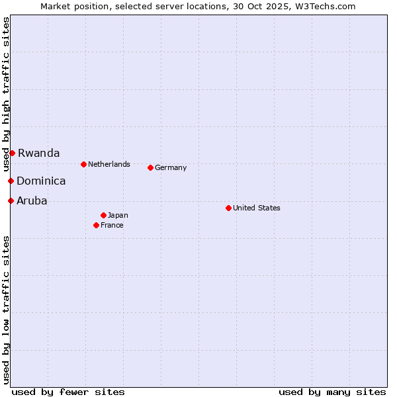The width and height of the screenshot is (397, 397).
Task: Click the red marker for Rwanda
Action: pos(12,153)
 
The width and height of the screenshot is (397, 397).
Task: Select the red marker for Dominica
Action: pos(11,181)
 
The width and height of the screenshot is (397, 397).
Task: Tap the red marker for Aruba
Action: pos(11,200)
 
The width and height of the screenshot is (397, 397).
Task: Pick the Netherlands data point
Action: pos(83,164)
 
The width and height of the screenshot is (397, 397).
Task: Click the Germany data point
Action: pos(150,167)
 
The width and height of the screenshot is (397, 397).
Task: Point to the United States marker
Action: pos(228,208)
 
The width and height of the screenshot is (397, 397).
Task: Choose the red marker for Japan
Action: pos(103,215)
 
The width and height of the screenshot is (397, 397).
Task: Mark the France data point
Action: pos(96,225)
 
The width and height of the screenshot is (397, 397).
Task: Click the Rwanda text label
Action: pos(38,153)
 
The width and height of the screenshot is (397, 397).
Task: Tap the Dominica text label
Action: pos(41,181)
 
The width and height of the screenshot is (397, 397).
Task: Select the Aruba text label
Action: pos(32,200)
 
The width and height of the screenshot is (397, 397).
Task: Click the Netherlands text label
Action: pos(109,164)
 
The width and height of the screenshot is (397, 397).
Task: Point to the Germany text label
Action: pos(171,167)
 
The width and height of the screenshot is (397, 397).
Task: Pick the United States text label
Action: pos(257,208)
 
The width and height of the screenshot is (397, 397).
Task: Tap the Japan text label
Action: pos(118,215)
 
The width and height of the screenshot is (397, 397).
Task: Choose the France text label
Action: pos(112,225)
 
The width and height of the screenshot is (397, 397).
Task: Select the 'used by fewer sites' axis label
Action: pos(68,392)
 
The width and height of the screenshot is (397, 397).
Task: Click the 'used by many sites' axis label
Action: pos(332,392)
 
